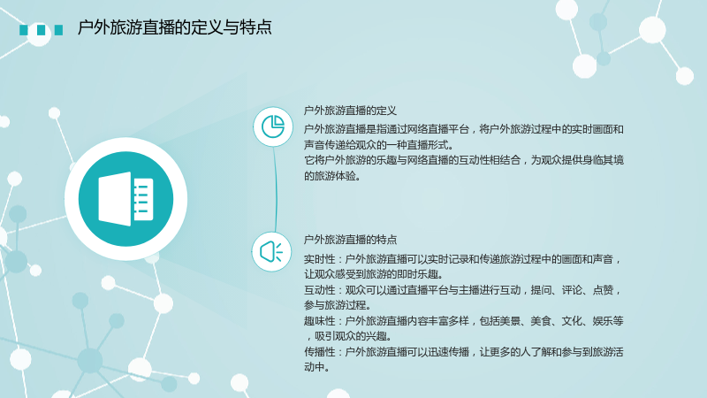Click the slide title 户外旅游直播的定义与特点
click(174, 27)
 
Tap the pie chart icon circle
click(273, 126)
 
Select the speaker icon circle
click(271, 252)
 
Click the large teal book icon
click(125, 199)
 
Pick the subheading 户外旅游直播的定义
click(350, 111)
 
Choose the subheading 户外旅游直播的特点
click(350, 240)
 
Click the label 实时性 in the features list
click(319, 259)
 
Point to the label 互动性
click(319, 290)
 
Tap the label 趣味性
click(319, 321)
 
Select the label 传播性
click(319, 352)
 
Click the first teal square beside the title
click(24, 30)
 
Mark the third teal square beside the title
click(58, 30)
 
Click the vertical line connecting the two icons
click(275, 189)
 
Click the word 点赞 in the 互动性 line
click(603, 290)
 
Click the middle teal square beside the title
click(41, 30)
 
